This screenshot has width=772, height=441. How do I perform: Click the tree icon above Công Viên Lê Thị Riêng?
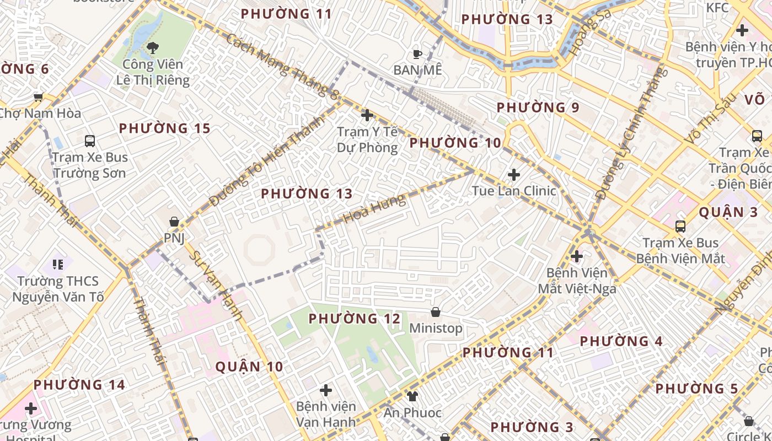(x=153, y=48)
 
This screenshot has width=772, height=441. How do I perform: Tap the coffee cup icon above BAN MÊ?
(x=417, y=54)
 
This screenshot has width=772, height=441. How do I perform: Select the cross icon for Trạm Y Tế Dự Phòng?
(x=367, y=115)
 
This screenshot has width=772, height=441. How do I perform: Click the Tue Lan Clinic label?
(x=514, y=191)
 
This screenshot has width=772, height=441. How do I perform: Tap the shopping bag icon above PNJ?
(x=174, y=222)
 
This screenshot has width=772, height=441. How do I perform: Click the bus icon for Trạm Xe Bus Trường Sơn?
(x=90, y=141)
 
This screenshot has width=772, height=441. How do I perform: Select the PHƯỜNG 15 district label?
(x=165, y=128)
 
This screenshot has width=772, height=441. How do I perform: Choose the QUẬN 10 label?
(x=249, y=367)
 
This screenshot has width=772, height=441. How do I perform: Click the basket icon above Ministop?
(x=436, y=312)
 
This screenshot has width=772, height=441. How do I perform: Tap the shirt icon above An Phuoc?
(x=412, y=396)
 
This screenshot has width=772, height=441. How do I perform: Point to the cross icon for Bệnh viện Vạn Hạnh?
(x=326, y=390)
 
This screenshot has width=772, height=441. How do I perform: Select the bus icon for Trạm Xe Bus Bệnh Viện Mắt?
(x=680, y=226)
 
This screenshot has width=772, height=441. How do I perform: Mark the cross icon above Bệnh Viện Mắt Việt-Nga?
(x=577, y=256)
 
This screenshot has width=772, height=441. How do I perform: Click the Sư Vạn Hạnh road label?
(x=216, y=286)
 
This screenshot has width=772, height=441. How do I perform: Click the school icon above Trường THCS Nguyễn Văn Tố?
(x=58, y=265)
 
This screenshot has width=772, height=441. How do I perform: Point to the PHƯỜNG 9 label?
(x=538, y=107)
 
